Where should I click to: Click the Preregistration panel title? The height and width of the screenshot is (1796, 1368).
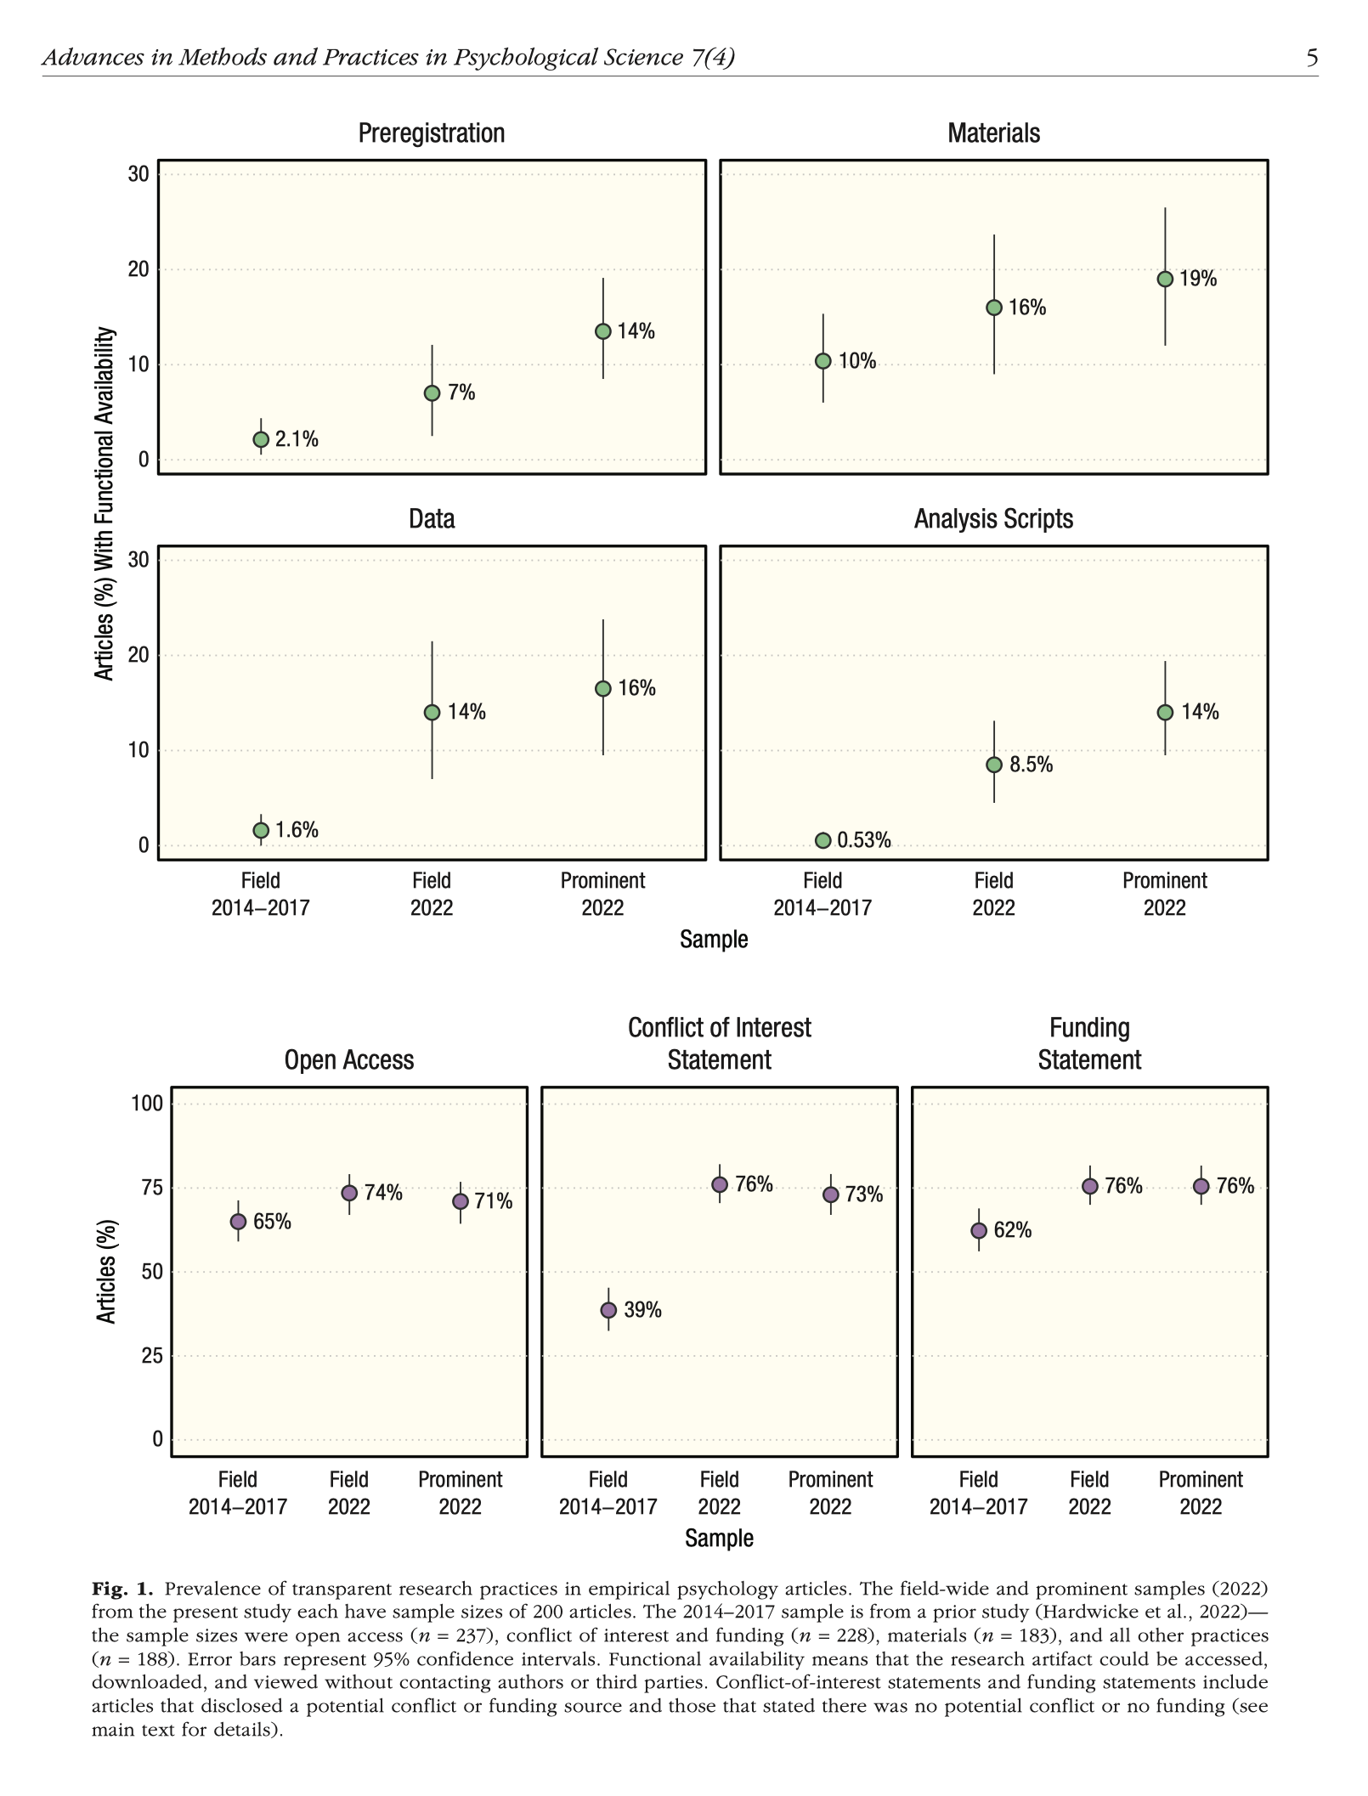pyautogui.click(x=431, y=133)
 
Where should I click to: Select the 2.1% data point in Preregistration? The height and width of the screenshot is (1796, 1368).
pyautogui.click(x=261, y=439)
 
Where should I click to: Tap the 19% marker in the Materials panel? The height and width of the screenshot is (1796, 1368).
pyautogui.click(x=1165, y=279)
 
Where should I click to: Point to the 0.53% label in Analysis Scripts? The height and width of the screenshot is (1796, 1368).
pyautogui.click(x=864, y=840)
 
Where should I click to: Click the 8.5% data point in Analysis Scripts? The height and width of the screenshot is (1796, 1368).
pyautogui.click(x=994, y=765)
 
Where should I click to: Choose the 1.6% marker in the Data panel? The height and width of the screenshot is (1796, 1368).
pyautogui.click(x=261, y=830)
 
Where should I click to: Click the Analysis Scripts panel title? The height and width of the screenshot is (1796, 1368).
pyautogui.click(x=993, y=519)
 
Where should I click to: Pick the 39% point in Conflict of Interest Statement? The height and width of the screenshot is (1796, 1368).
pyautogui.click(x=608, y=1310)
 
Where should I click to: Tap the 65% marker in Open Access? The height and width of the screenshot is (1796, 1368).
pyautogui.click(x=239, y=1222)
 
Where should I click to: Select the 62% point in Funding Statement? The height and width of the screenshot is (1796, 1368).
pyautogui.click(x=979, y=1230)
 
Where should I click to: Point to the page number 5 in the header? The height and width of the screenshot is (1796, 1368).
pyautogui.click(x=1312, y=58)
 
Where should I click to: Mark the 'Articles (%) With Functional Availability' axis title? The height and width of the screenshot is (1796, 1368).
pyautogui.click(x=104, y=504)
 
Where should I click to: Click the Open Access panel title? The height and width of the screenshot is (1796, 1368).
pyautogui.click(x=349, y=1060)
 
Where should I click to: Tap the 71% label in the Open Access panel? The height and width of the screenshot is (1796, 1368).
pyautogui.click(x=494, y=1201)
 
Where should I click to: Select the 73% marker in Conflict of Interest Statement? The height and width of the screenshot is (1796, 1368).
pyautogui.click(x=831, y=1195)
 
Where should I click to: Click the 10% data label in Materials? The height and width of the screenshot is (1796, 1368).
pyautogui.click(x=857, y=361)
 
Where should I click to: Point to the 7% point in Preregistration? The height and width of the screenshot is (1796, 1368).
pyautogui.click(x=432, y=393)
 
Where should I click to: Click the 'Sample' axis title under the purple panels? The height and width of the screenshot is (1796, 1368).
pyautogui.click(x=719, y=1538)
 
